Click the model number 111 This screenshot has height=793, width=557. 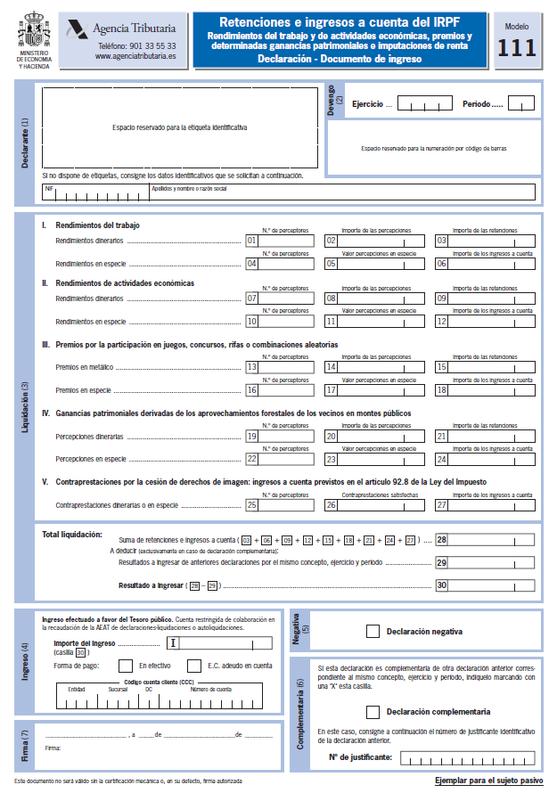coord(516,49)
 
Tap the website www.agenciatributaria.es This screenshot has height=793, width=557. coord(135,56)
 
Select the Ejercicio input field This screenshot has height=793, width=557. coord(425,104)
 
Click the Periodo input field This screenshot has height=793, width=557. coord(520,104)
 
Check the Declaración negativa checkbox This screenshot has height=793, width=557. coord(373,632)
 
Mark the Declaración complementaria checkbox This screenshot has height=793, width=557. coord(373,712)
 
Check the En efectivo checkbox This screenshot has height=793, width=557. coord(123,665)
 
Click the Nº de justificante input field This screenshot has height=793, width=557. coord(469,757)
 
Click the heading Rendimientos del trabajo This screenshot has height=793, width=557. coord(97,225)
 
